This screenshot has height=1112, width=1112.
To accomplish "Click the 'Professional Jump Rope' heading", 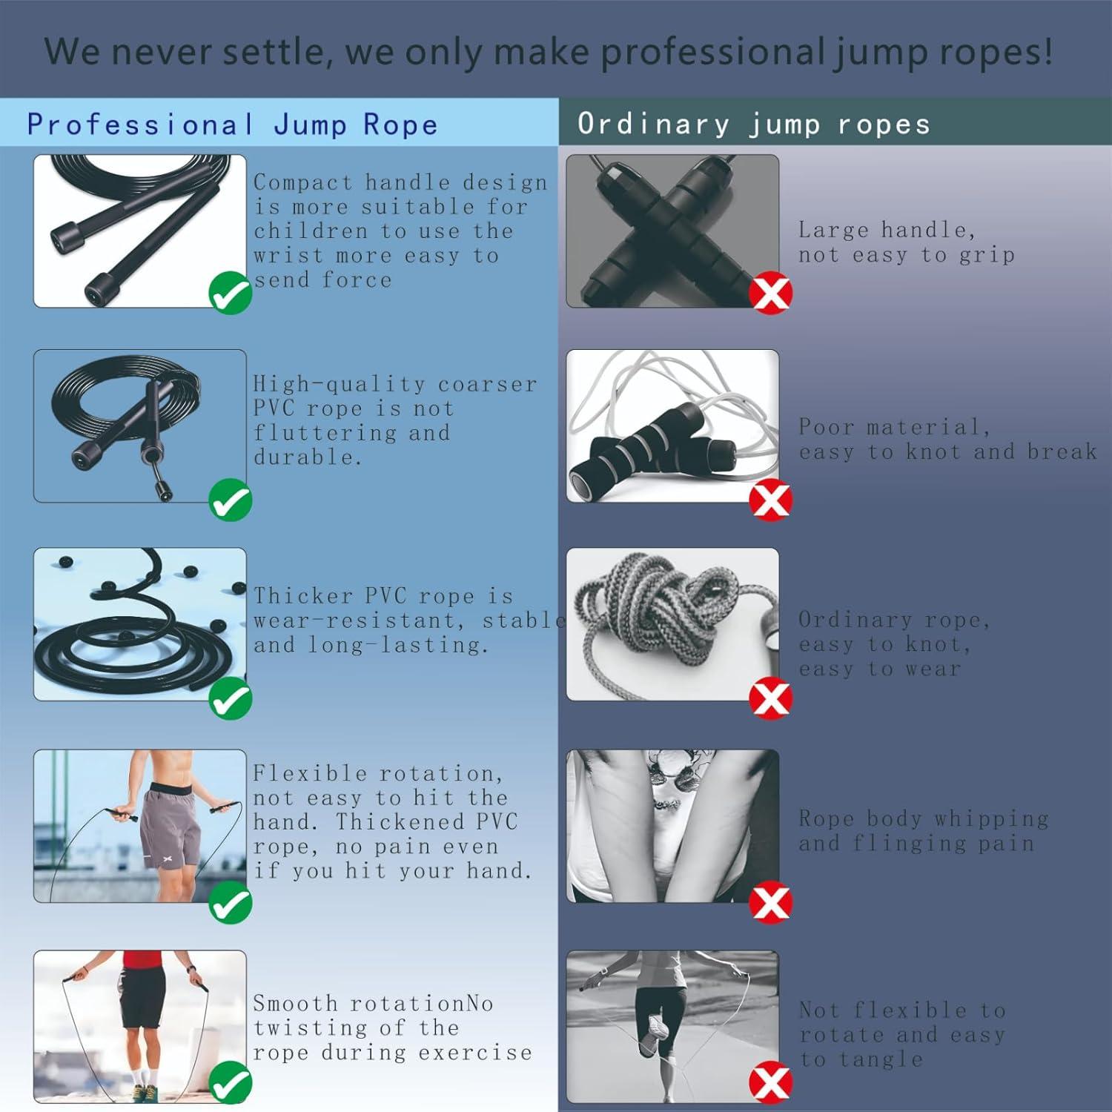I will tap(232, 124).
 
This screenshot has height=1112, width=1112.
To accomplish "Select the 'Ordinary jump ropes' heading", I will tap(753, 124).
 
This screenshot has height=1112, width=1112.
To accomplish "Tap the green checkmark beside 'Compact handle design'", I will tap(231, 293).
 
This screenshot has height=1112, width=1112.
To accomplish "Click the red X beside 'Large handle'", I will tap(770, 294).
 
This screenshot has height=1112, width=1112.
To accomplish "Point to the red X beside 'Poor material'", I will tap(770, 500).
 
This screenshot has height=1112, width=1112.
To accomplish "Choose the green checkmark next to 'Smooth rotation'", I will tap(231, 1082).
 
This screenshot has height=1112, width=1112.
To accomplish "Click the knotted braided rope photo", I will tap(672, 623).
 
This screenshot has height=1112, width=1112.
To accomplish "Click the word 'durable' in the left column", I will tap(307, 457).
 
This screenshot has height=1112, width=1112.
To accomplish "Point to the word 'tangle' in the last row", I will tap(881, 1059).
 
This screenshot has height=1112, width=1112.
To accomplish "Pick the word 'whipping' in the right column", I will tap(991, 819).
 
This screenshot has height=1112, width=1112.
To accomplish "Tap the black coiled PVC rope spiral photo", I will tap(139, 623).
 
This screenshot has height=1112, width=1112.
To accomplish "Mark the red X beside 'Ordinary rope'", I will tap(770, 698).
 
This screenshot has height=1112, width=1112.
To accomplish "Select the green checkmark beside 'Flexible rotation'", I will tap(231, 904).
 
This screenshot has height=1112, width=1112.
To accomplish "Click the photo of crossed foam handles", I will tap(672, 231).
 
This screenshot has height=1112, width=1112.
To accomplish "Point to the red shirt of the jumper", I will tap(142, 959).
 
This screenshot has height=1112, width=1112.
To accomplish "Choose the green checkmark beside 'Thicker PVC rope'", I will tap(231, 699).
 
